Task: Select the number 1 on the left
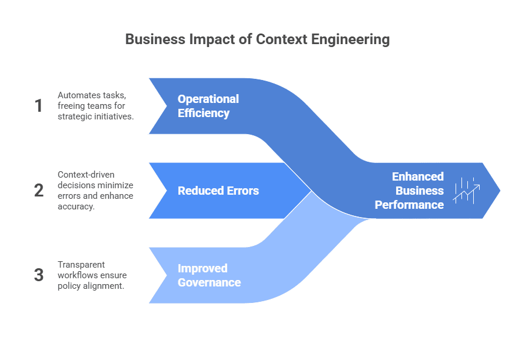point(39,106)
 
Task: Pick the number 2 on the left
point(39,191)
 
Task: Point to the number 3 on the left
point(39,275)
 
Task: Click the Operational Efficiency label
point(208,106)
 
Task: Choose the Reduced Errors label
point(218,191)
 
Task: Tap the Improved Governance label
point(209,275)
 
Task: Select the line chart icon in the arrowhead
point(466,191)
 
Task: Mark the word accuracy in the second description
point(76,206)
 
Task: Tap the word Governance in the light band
point(209,282)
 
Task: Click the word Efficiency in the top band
point(203,113)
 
